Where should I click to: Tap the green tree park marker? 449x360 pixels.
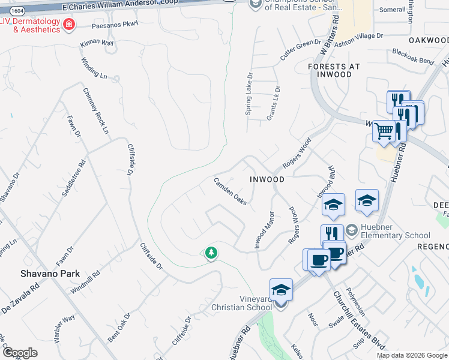(211, 253)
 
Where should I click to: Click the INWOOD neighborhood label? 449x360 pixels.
(267, 179)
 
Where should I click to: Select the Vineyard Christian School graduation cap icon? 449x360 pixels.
(280, 289)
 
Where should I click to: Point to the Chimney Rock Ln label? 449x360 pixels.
(96, 111)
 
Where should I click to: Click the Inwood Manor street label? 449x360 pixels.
(264, 231)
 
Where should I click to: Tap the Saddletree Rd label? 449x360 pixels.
(79, 176)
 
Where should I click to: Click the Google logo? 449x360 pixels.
(19, 353)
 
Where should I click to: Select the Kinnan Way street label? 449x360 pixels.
(97, 44)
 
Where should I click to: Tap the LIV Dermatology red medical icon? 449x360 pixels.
(70, 25)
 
